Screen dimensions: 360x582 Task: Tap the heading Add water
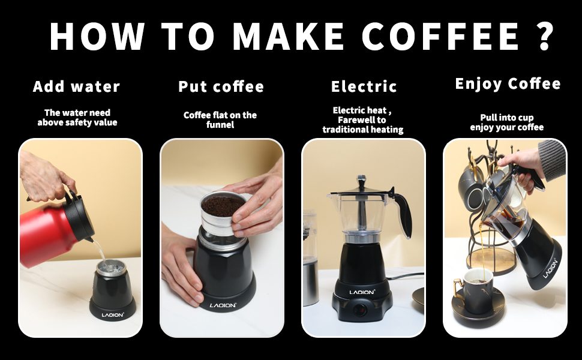pyautogui.click(x=77, y=86)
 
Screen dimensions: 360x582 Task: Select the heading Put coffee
pyautogui.click(x=221, y=86)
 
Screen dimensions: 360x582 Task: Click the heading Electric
pyautogui.click(x=364, y=86)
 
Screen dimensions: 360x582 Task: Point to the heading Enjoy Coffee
pyautogui.click(x=508, y=83)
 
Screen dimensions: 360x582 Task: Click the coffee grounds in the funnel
pyautogui.click(x=223, y=206)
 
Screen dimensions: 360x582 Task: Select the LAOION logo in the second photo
pyautogui.click(x=223, y=305)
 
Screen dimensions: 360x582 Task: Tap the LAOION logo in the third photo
pyautogui.click(x=362, y=292)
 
